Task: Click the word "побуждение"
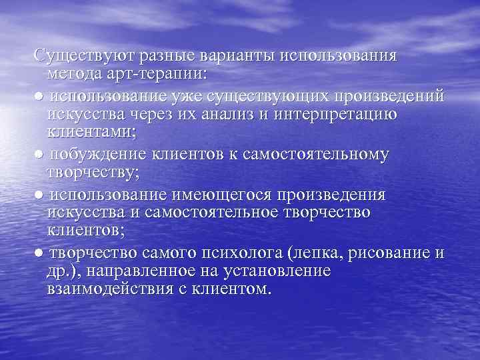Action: pos(101,155)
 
